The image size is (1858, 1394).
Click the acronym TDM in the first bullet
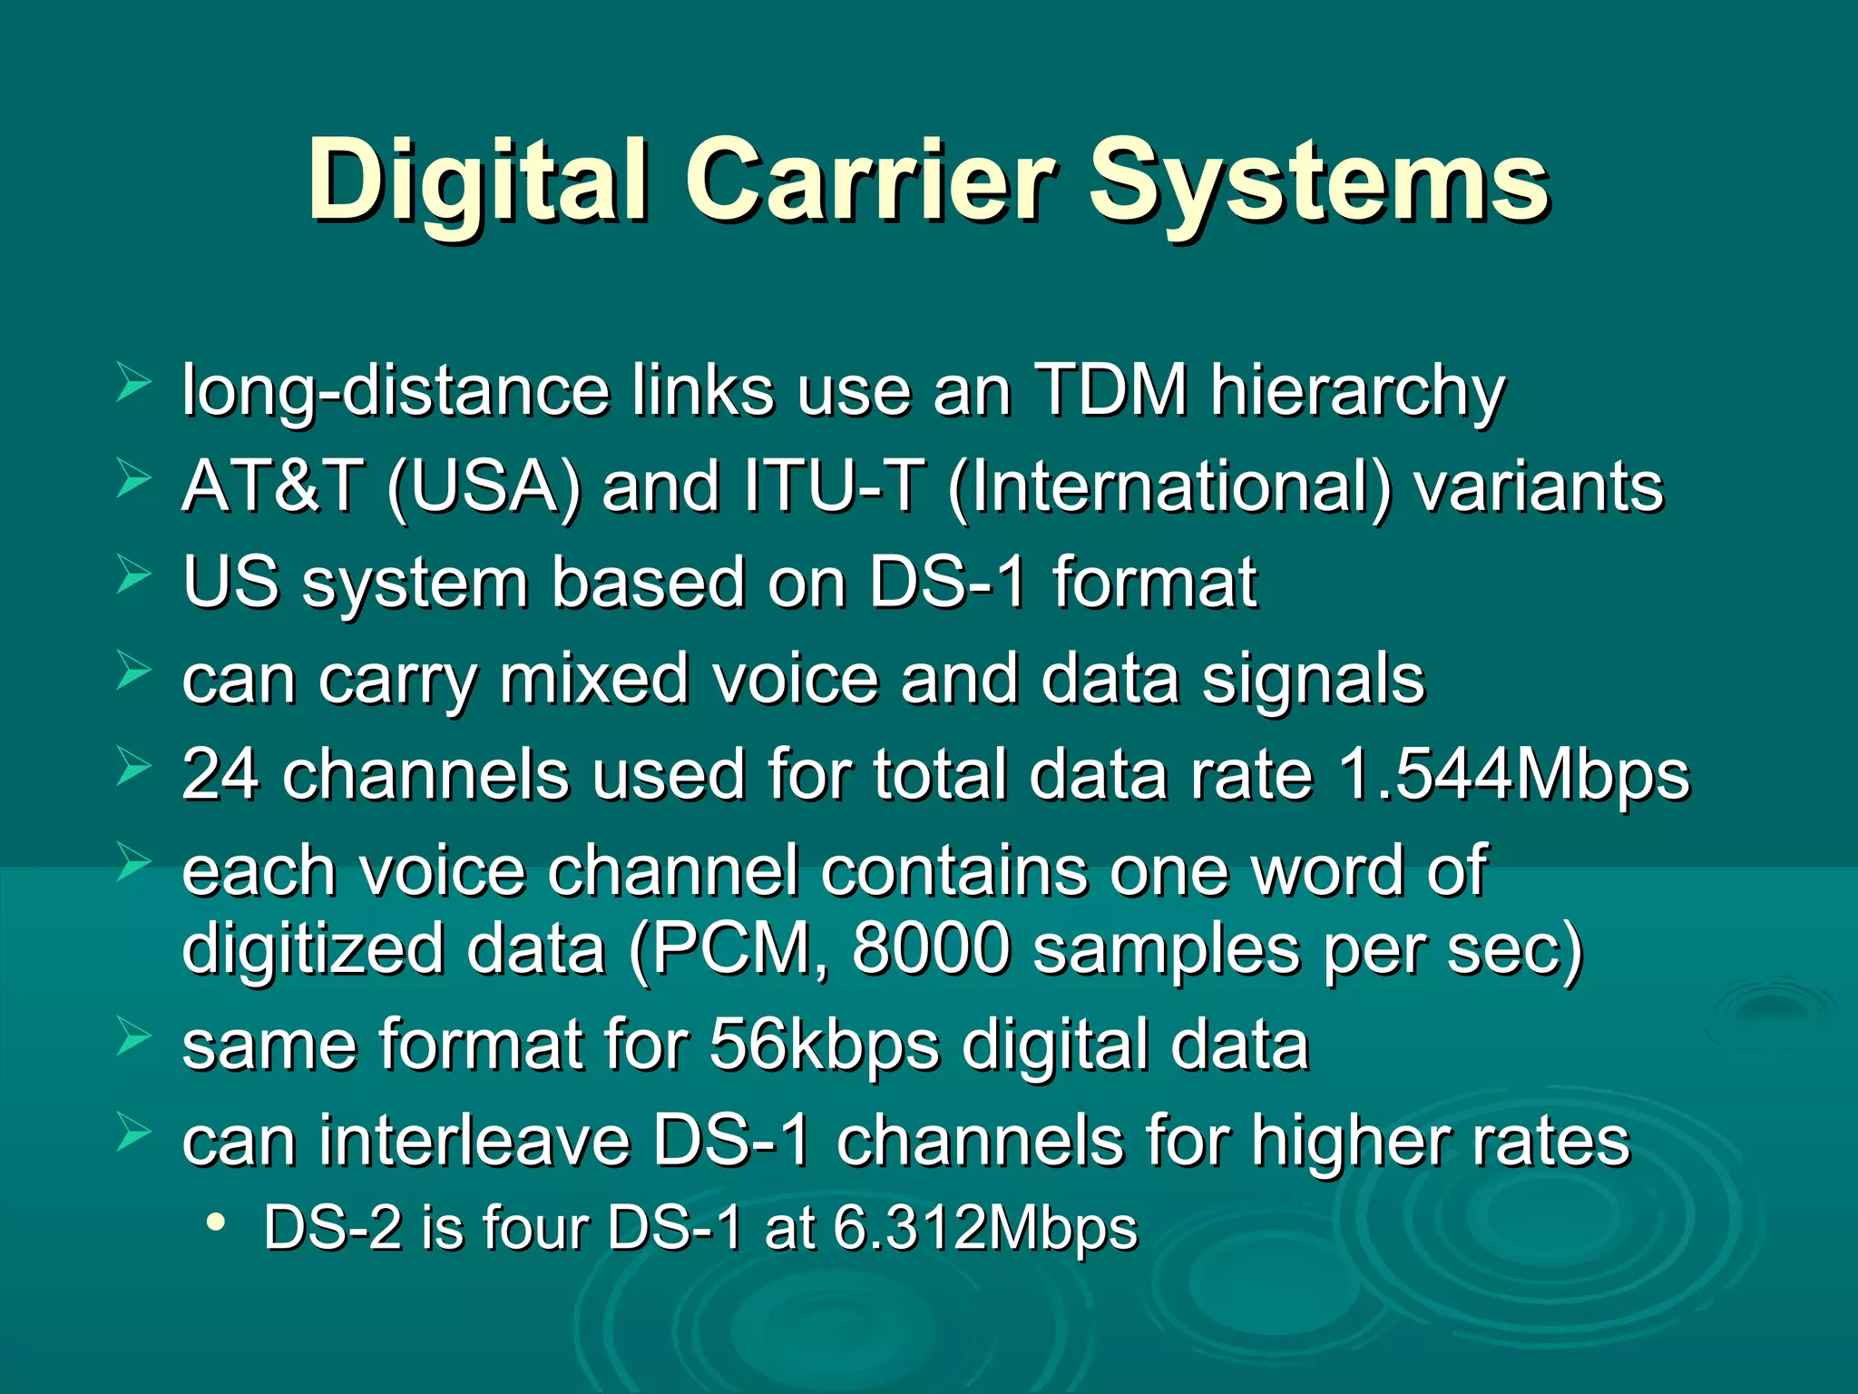click(x=1111, y=390)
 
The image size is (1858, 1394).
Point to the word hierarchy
click(x=1358, y=392)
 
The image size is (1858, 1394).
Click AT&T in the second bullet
click(x=272, y=486)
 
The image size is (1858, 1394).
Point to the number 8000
click(x=932, y=948)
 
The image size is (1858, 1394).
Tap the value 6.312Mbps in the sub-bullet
click(x=985, y=1228)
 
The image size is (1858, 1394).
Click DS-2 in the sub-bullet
click(x=332, y=1228)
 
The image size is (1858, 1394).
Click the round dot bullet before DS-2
click(x=215, y=1222)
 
